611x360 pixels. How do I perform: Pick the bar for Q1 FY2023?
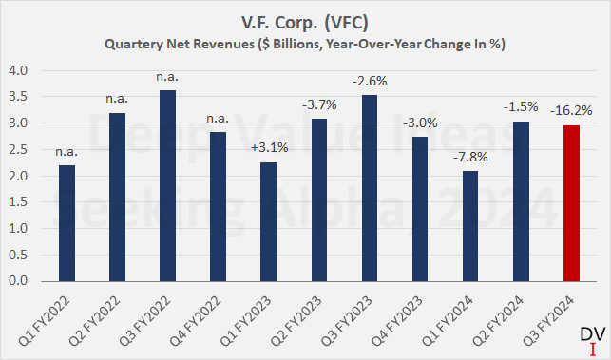point(268,222)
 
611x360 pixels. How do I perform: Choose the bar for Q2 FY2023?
point(318,200)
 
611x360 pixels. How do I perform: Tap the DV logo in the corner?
point(590,339)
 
